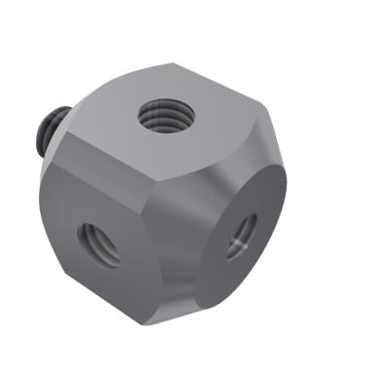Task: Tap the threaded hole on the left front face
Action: pos(99,244)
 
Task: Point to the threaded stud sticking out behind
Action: pos(50,131)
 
